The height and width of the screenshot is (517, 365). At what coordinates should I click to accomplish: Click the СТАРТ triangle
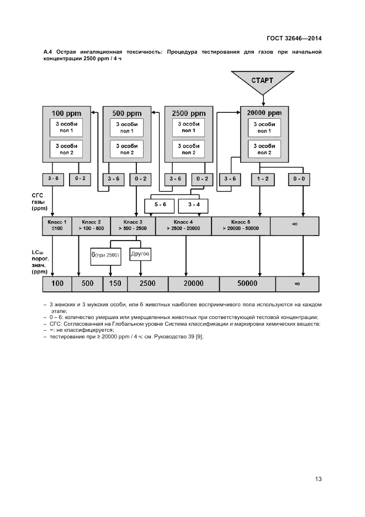point(262,81)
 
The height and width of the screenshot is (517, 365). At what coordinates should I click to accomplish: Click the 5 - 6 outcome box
point(159,205)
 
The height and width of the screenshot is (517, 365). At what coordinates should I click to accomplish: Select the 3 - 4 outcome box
point(194,205)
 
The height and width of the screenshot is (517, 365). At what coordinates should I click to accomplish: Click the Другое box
point(140,254)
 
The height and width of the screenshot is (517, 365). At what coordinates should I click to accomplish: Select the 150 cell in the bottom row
point(115,284)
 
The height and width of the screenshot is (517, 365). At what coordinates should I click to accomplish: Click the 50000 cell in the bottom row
point(247,284)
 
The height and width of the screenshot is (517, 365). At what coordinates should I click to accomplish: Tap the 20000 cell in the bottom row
point(193,284)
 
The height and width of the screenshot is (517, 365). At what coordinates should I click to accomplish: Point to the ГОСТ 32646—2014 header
point(294,39)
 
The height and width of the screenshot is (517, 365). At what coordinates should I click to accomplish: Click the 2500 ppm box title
point(188,113)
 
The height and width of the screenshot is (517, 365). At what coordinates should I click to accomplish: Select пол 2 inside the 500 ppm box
point(127,152)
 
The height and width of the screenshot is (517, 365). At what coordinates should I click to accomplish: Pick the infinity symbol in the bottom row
point(297,284)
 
